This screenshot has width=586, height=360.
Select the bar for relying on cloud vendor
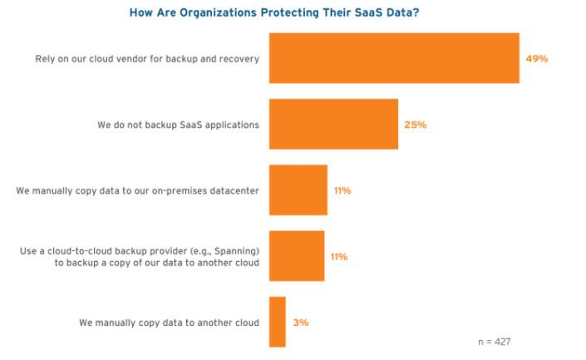point(394,58)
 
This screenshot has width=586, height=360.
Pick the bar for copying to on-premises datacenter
point(298,190)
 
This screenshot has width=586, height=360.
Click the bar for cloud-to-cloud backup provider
point(296,256)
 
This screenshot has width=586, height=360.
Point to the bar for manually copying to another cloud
point(277,322)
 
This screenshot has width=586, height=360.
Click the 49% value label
point(537,59)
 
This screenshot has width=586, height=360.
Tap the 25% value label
point(416,125)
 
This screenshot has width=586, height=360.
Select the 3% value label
point(300,322)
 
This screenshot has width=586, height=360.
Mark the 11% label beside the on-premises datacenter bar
point(342,190)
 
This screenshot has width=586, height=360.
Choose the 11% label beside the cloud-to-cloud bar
point(339,257)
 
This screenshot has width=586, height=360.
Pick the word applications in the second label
point(232,125)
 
